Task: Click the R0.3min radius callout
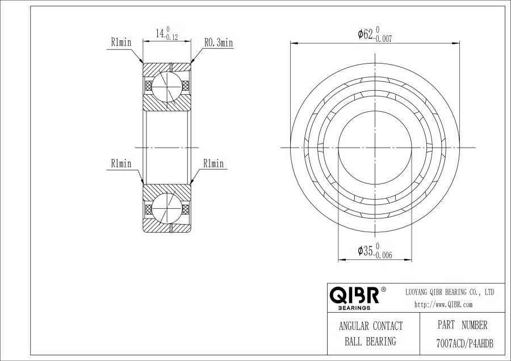coord(219,43)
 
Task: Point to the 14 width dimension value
coord(160,33)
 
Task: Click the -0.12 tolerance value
coord(171,37)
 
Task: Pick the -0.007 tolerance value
coord(384,39)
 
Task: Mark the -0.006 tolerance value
coord(384,255)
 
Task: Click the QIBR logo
coord(354,295)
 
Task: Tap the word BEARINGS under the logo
coord(354,308)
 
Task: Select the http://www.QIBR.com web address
coord(443,305)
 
